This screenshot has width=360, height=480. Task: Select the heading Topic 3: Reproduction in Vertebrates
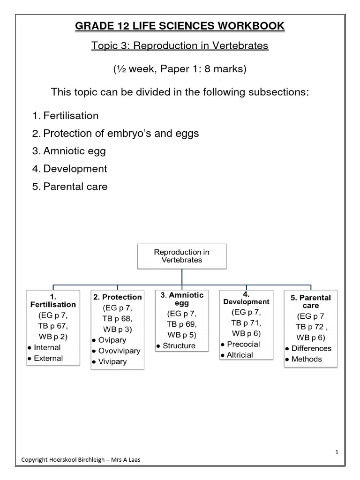point(180,46)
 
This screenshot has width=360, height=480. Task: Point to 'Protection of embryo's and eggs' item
point(120,133)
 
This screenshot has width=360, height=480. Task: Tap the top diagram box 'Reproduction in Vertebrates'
point(182,255)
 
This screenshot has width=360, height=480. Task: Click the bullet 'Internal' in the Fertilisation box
point(47,347)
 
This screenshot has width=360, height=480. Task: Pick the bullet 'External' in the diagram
point(48,359)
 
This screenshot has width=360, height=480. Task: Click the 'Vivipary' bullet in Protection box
point(112,362)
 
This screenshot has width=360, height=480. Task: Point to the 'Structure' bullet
point(179,346)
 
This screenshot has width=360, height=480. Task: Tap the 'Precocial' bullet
point(243,344)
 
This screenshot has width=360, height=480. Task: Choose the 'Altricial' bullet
point(240,355)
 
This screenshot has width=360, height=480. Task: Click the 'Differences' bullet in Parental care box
point(311,348)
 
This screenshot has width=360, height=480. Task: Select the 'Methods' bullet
point(307,359)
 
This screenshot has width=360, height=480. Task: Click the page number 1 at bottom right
point(337,452)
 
